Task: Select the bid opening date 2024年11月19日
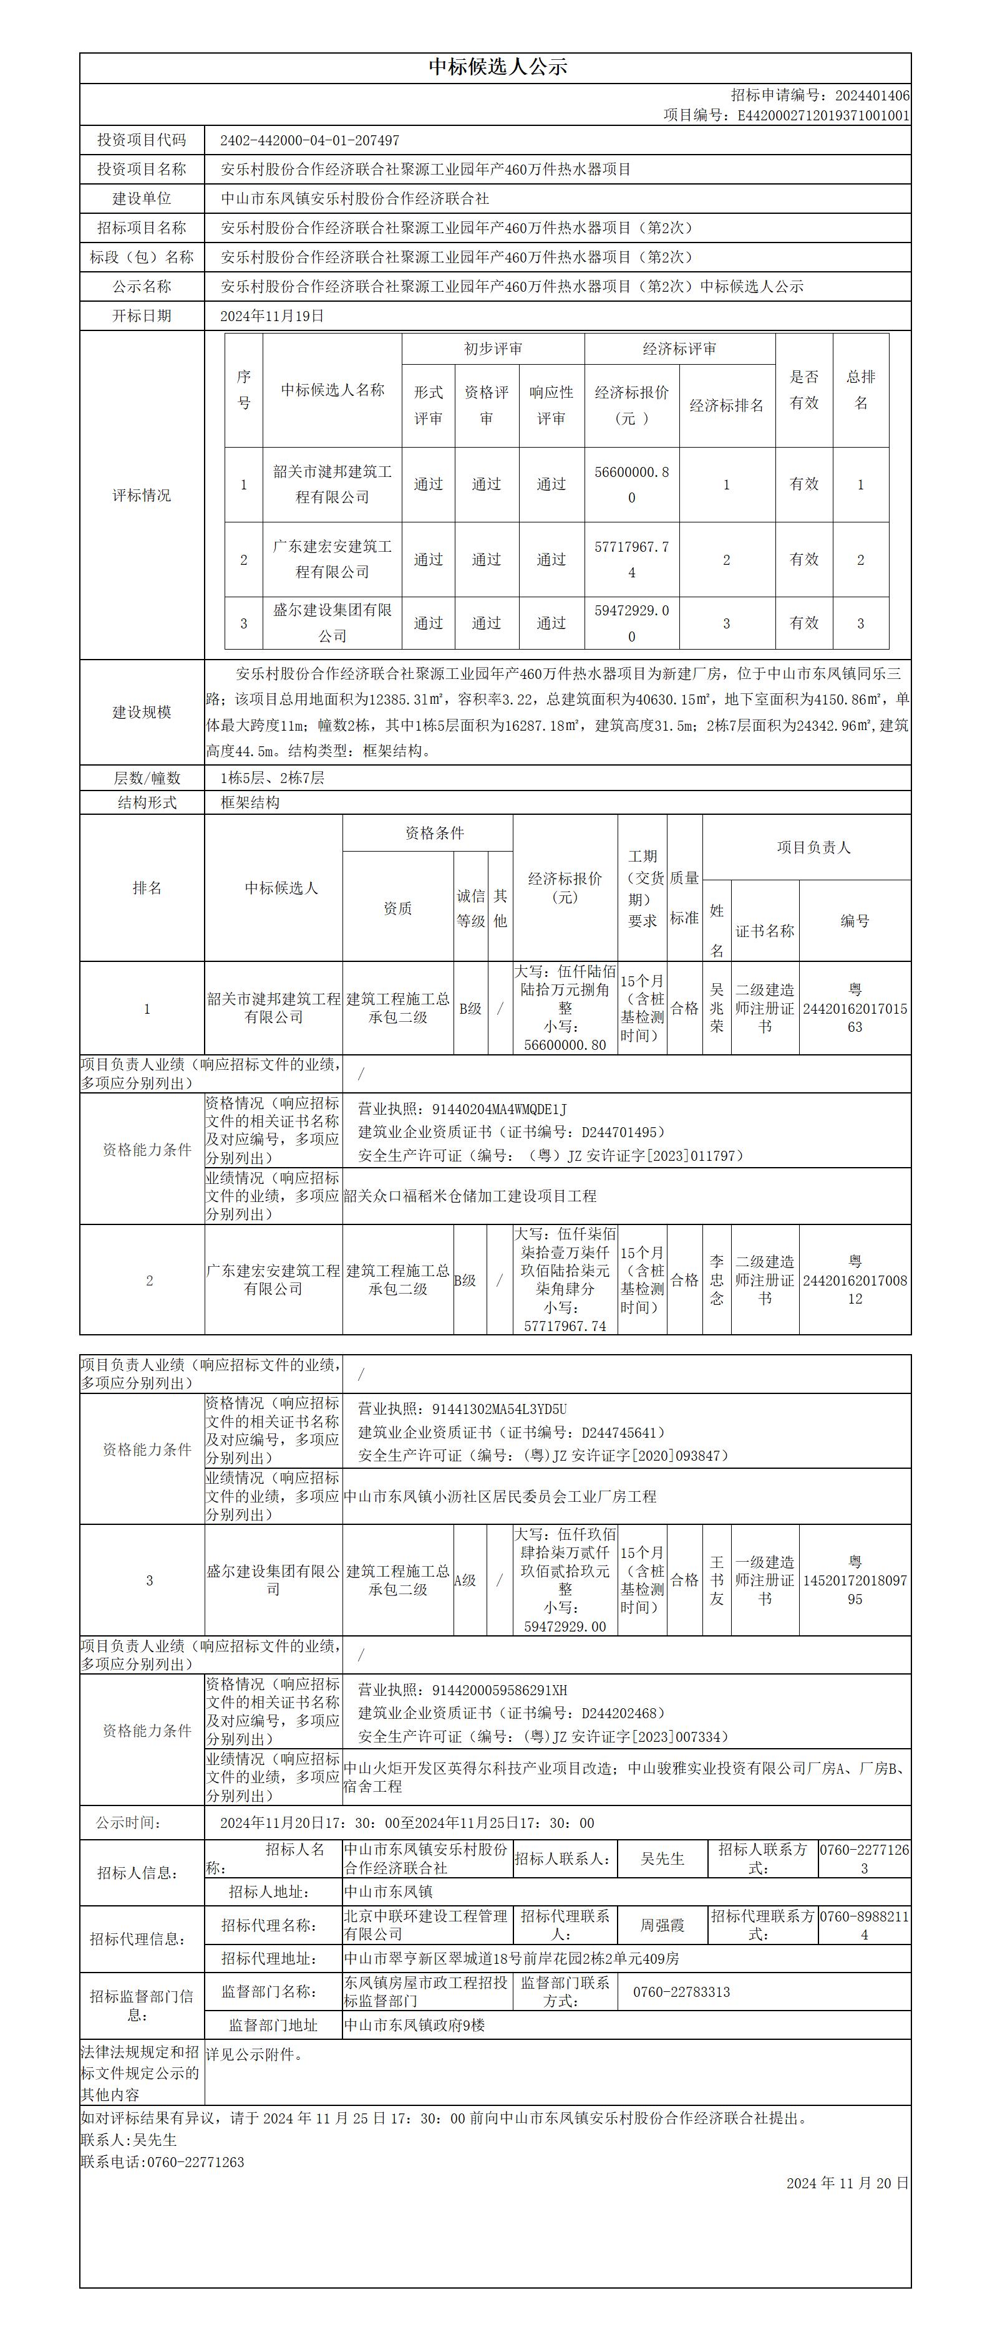(x=272, y=316)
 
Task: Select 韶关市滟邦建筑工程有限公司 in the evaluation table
(x=332, y=484)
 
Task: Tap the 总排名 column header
(x=861, y=389)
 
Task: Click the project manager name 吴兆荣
(x=717, y=1008)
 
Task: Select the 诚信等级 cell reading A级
(x=465, y=1580)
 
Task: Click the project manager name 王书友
(x=717, y=1580)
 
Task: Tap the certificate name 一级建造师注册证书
(x=765, y=1580)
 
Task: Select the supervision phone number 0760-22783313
(x=681, y=1992)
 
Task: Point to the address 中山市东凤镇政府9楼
(x=415, y=2026)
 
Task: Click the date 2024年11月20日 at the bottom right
(x=847, y=2183)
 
